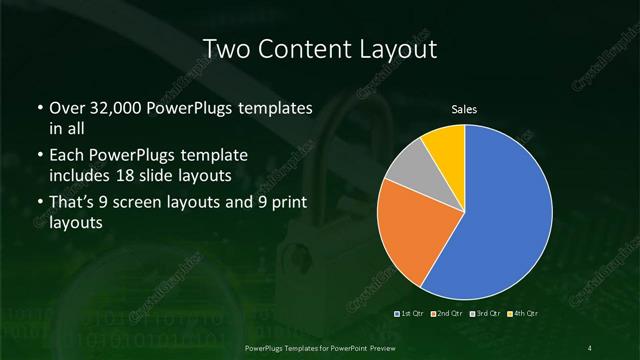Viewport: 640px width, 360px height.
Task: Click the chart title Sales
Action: click(x=465, y=109)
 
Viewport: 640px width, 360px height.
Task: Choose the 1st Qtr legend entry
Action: click(x=411, y=315)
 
